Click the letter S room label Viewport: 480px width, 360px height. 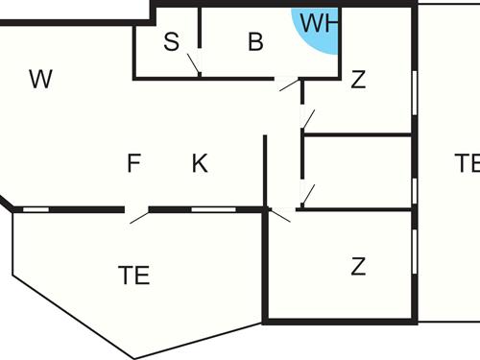[172, 41]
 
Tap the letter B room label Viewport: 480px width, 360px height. [255, 41]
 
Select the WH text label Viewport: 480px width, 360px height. [317, 23]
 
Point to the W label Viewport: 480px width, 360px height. [39, 79]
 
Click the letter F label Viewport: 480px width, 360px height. [133, 163]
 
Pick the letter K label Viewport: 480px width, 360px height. [199, 163]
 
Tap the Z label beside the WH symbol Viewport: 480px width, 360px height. [358, 80]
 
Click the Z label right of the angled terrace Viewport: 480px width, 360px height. [358, 266]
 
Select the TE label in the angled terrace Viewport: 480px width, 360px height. [133, 276]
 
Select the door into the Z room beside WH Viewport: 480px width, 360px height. [308, 118]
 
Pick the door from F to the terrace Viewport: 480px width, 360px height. [137, 214]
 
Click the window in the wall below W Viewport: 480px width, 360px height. [36, 208]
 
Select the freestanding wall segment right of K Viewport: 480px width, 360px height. [264, 171]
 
